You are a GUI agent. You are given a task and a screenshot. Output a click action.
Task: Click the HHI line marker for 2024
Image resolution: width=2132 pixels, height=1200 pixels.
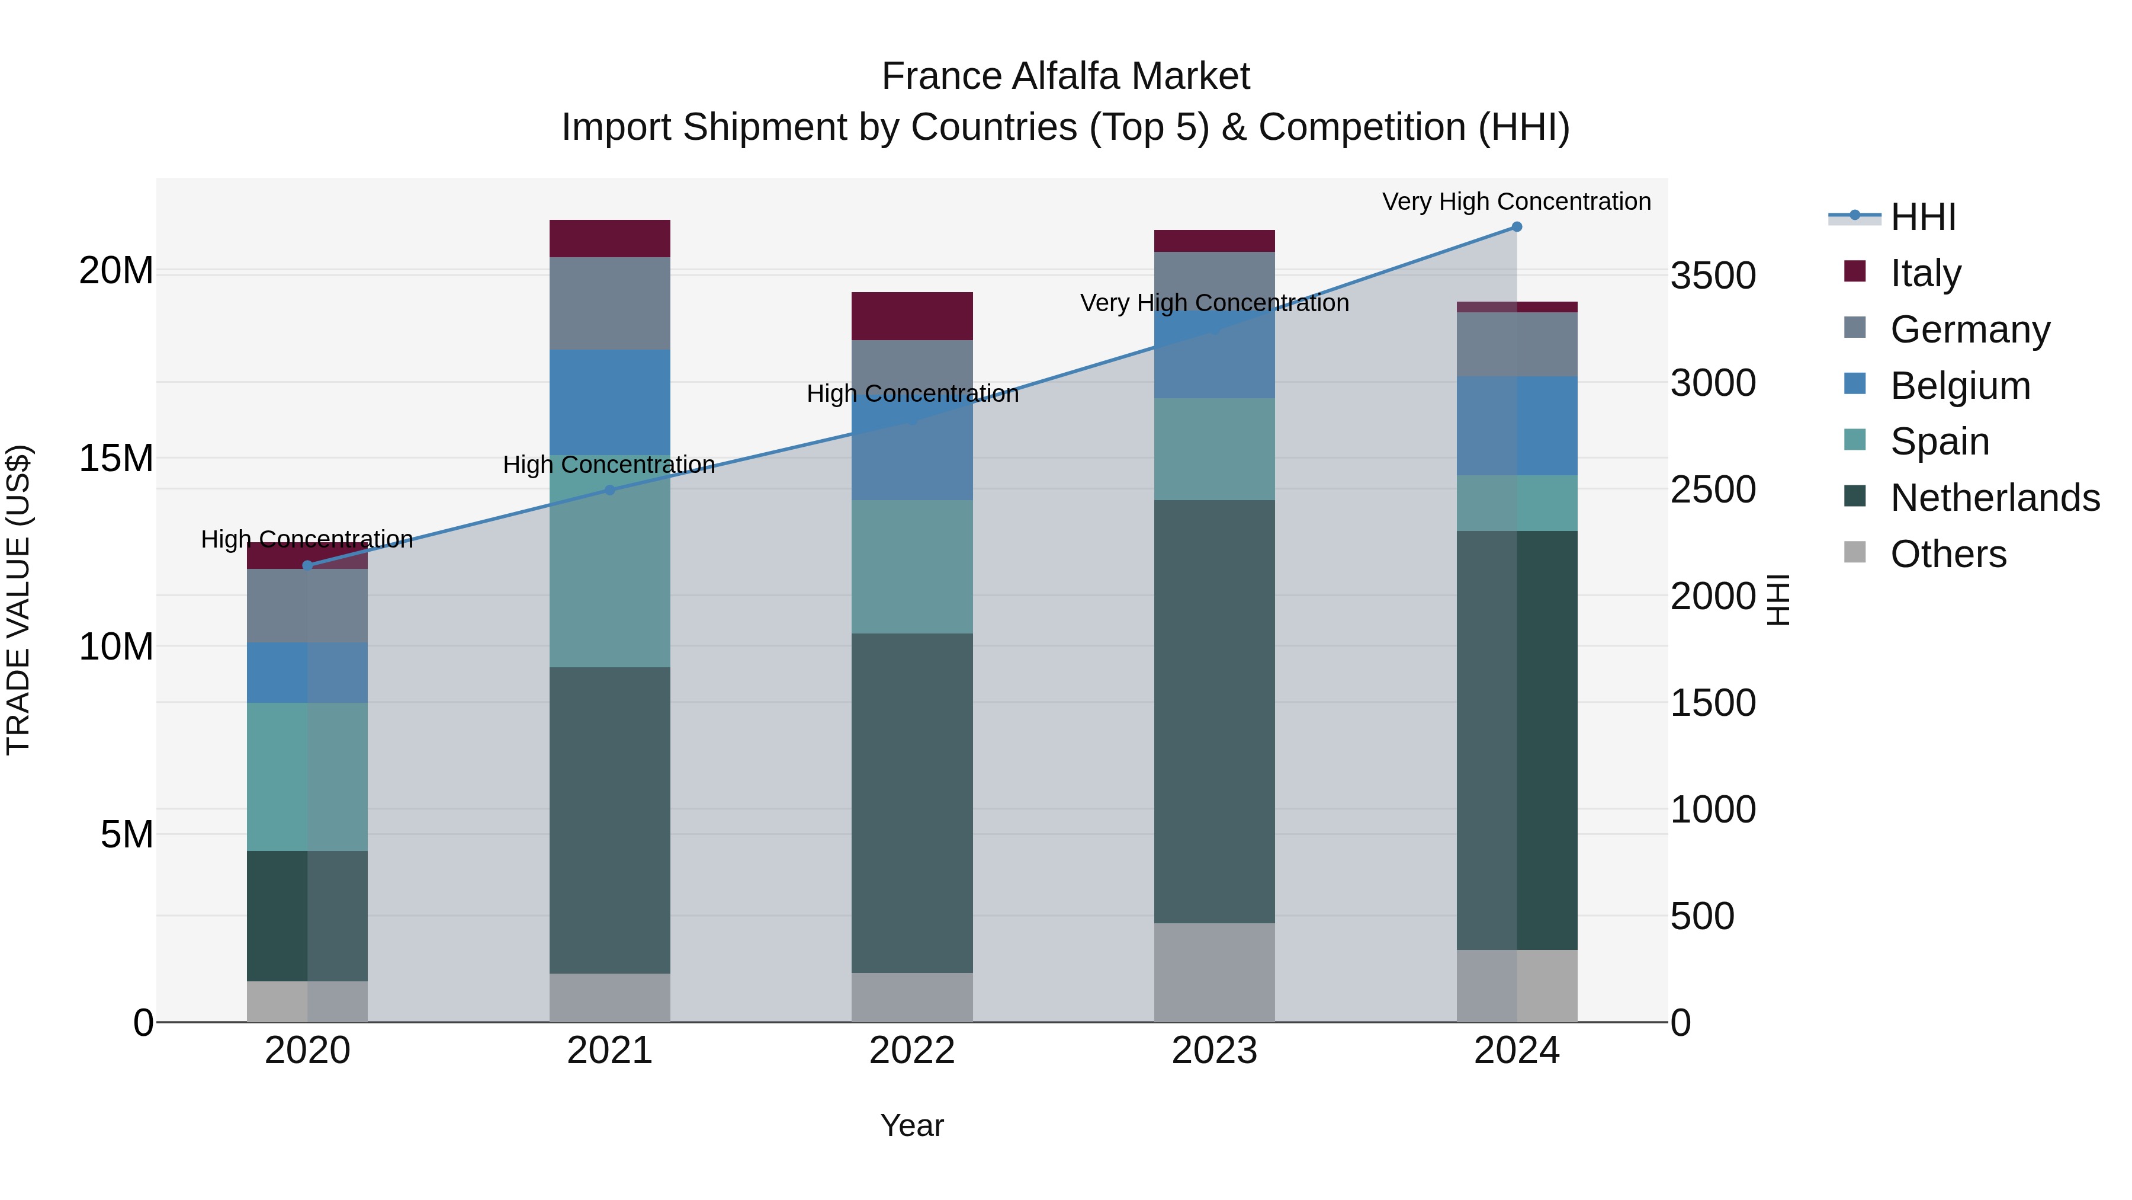tap(1516, 227)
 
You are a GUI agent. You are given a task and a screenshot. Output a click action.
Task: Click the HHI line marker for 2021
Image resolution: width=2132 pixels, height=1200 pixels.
tap(610, 490)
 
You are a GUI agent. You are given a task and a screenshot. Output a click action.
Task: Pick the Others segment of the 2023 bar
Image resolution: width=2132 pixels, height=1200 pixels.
tap(1214, 972)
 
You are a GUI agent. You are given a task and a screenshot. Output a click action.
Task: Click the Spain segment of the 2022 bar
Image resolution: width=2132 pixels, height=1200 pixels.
tap(912, 567)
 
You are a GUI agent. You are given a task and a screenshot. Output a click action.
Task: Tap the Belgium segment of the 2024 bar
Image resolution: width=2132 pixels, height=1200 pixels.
tap(1516, 425)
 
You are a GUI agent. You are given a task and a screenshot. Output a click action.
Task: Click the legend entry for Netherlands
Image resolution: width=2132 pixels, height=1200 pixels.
tap(1995, 498)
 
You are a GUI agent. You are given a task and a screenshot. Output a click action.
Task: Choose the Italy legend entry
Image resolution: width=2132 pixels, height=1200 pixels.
tap(1925, 273)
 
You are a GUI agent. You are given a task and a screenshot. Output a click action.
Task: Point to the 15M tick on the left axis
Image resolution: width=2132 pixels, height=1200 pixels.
tap(116, 458)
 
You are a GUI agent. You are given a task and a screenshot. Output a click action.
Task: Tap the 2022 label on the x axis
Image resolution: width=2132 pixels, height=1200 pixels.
tap(912, 1051)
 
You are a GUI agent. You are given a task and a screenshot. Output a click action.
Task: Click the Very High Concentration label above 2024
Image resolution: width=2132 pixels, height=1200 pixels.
tap(1516, 201)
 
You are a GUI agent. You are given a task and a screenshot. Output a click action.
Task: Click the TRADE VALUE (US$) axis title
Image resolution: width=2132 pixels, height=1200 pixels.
tap(18, 600)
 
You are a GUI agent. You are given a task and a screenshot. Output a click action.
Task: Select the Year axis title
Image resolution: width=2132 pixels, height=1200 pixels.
tap(912, 1125)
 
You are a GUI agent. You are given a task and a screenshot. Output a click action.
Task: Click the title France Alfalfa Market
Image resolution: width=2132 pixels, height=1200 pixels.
tap(1065, 76)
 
